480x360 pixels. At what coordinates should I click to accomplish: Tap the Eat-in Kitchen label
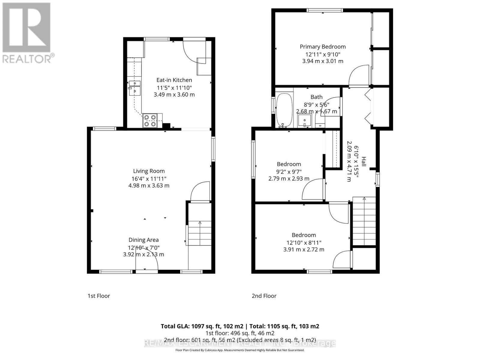click(174, 80)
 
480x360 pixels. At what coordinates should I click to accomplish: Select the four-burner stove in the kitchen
click(150, 121)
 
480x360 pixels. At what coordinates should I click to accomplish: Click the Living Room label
click(149, 171)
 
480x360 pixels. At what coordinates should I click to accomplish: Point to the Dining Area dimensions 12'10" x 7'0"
click(144, 248)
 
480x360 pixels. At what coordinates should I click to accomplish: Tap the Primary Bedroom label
click(322, 46)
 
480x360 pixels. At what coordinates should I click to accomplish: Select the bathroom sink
click(304, 121)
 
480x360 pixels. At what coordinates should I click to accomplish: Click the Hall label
click(364, 161)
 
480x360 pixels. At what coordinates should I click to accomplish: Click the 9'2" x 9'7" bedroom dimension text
click(289, 172)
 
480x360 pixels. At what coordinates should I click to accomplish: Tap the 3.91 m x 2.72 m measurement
click(304, 250)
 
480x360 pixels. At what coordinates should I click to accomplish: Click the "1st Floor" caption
click(99, 296)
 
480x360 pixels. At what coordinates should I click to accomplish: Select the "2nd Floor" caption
click(264, 296)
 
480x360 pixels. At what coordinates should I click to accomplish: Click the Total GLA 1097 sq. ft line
click(240, 326)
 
